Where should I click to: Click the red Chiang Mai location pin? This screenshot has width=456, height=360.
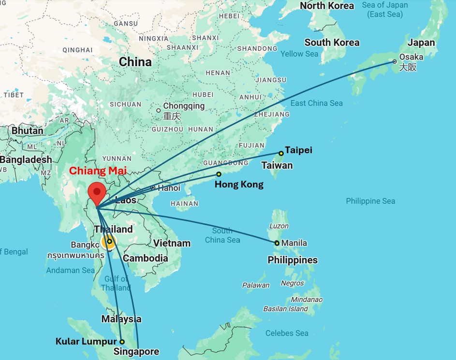(97, 193)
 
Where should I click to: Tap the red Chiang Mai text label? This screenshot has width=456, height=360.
(98, 171)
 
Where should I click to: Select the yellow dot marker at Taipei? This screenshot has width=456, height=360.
(281, 153)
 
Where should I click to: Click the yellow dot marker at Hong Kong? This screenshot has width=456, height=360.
(219, 174)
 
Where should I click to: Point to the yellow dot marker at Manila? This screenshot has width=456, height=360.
(277, 243)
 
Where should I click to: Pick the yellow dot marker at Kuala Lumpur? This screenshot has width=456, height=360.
(122, 342)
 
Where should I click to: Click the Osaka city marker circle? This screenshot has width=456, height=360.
(395, 61)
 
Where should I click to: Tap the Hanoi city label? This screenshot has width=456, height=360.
(169, 188)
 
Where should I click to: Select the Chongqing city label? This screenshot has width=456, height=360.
(184, 106)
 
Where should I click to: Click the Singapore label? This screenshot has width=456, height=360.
(136, 352)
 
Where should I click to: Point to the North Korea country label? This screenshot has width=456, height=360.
(327, 6)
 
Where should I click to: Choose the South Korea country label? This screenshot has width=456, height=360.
(332, 43)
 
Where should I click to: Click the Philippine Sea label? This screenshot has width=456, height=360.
(370, 201)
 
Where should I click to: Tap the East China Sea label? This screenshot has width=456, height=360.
(316, 103)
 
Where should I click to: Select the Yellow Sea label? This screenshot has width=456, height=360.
(299, 54)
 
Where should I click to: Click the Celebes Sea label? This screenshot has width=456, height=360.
(287, 333)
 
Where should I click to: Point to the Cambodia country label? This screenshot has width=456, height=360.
(145, 258)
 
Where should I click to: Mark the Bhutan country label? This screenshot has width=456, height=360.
(27, 130)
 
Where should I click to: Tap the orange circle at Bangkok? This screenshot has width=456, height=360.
(108, 242)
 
